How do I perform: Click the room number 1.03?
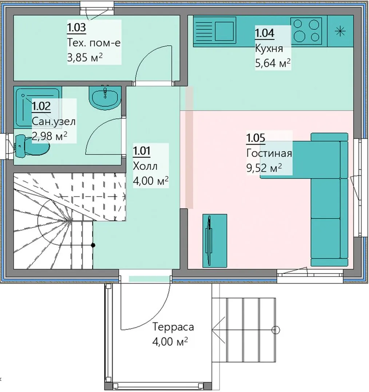(76, 27)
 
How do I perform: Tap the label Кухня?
(269, 48)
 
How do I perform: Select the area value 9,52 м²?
(264, 168)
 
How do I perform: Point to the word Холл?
(145, 166)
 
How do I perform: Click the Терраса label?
(173, 327)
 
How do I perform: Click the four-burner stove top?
(306, 31)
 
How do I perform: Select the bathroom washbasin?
(104, 97)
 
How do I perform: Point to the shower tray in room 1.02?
(37, 107)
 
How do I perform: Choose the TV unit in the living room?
(215, 241)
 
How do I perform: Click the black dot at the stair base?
(93, 245)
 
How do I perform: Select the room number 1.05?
(256, 138)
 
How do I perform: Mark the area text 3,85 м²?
(85, 57)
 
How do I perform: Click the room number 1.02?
(41, 106)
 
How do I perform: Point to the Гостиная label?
(269, 153)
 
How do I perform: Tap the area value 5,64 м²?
(273, 63)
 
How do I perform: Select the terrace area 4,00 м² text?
(170, 342)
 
